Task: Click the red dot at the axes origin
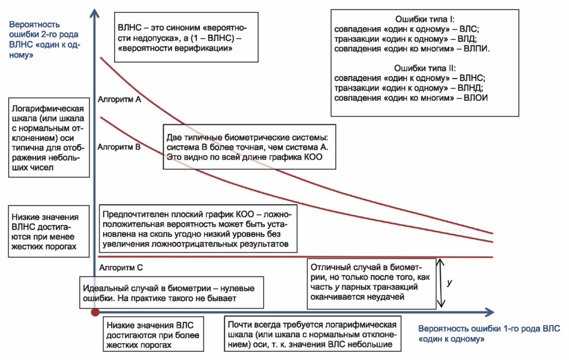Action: [95, 312]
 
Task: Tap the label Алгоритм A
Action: [119, 100]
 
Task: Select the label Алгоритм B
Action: [119, 147]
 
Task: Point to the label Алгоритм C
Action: [121, 268]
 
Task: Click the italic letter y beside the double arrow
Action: [450, 283]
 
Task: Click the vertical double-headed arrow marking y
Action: [441, 283]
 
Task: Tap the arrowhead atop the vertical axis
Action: [94, 14]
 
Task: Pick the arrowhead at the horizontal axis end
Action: [489, 312]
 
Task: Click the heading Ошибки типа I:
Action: [424, 19]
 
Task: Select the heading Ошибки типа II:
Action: [424, 68]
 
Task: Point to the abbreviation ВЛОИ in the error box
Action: [476, 98]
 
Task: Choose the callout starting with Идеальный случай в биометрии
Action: [171, 293]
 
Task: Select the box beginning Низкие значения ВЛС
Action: [153, 334]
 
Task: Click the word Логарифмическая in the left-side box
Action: [48, 108]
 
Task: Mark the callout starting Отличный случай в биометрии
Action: [371, 284]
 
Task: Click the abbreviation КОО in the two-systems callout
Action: [314, 157]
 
